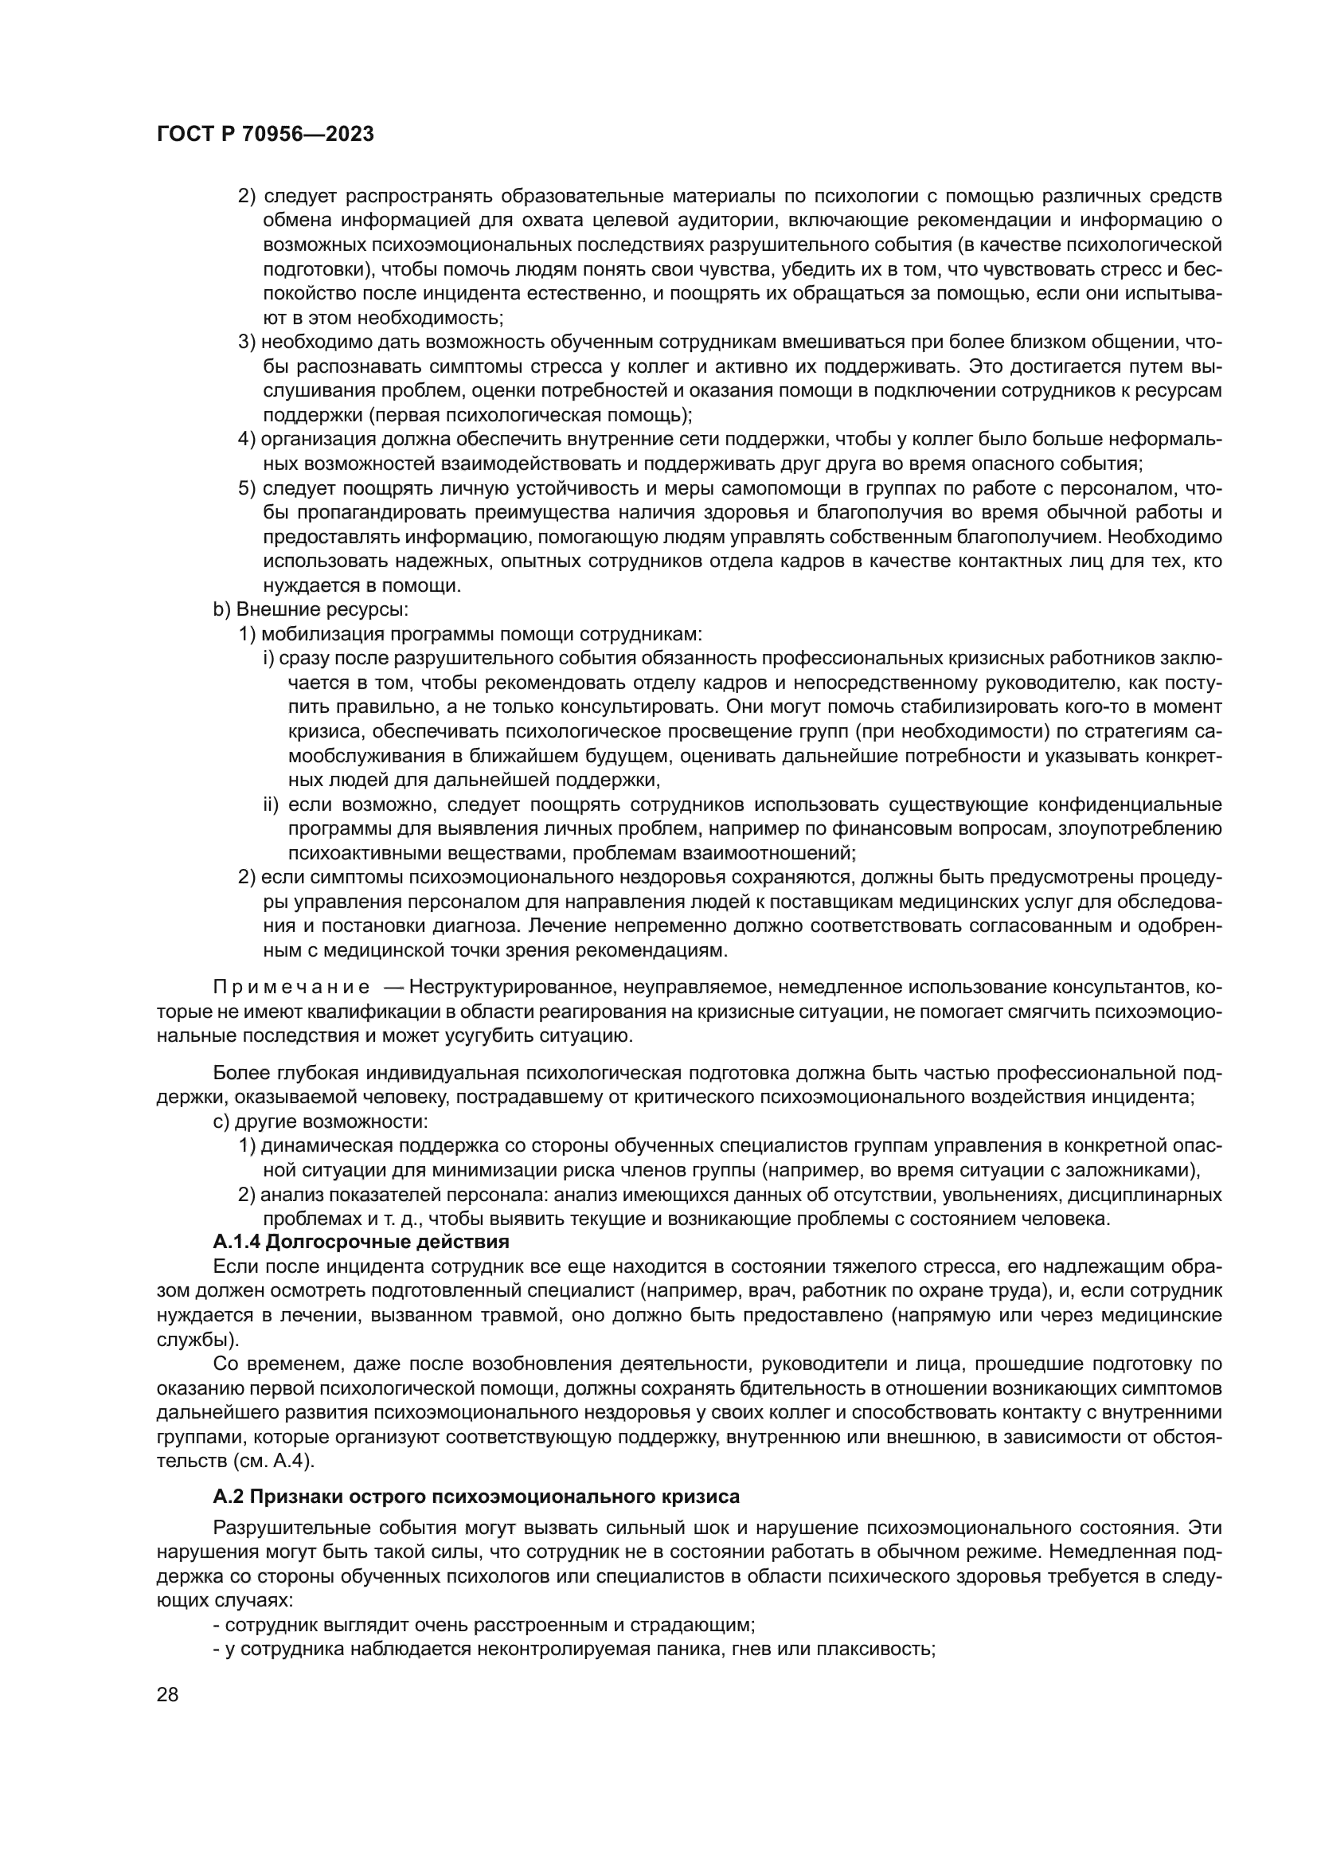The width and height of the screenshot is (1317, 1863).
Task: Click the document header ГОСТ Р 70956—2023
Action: click(265, 135)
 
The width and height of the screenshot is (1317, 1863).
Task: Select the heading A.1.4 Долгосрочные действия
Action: click(361, 1243)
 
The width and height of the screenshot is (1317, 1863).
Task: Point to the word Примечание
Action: click(291, 988)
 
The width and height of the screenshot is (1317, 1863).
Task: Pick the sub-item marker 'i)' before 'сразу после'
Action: click(268, 658)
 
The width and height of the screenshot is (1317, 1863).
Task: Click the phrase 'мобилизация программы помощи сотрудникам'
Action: click(482, 634)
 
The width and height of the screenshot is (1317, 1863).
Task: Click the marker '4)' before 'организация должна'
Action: click(247, 440)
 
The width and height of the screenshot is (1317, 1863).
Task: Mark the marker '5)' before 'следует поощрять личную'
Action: click(247, 488)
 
